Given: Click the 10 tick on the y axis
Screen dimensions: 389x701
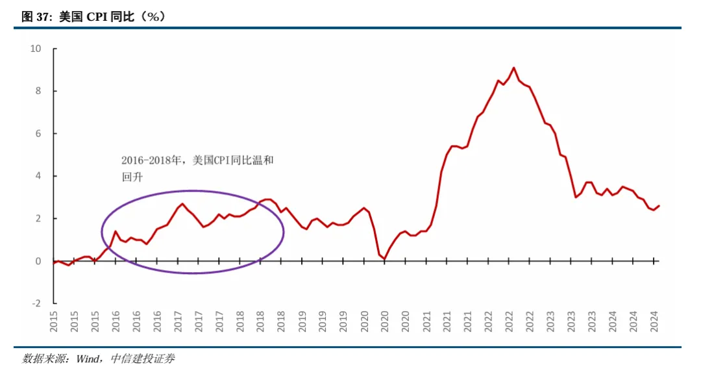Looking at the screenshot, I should tap(36, 49).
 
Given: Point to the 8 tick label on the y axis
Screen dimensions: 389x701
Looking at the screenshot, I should tap(38, 91).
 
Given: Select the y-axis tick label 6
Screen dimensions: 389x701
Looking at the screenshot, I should tap(38, 133).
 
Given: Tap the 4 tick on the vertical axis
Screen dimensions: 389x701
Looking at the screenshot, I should tap(38, 176).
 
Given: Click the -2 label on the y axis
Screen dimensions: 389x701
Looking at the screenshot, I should tap(36, 303).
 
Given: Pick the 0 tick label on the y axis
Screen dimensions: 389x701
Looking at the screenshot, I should tap(38, 261).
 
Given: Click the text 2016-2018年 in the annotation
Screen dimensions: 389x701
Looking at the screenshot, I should tap(153, 160).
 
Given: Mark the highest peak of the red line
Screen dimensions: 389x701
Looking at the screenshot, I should tap(513, 68).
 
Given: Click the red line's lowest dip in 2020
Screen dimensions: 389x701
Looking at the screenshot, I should tap(384, 259).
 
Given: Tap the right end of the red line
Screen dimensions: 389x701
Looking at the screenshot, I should tap(659, 206).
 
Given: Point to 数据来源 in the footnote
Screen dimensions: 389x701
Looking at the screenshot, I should tap(43, 358).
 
